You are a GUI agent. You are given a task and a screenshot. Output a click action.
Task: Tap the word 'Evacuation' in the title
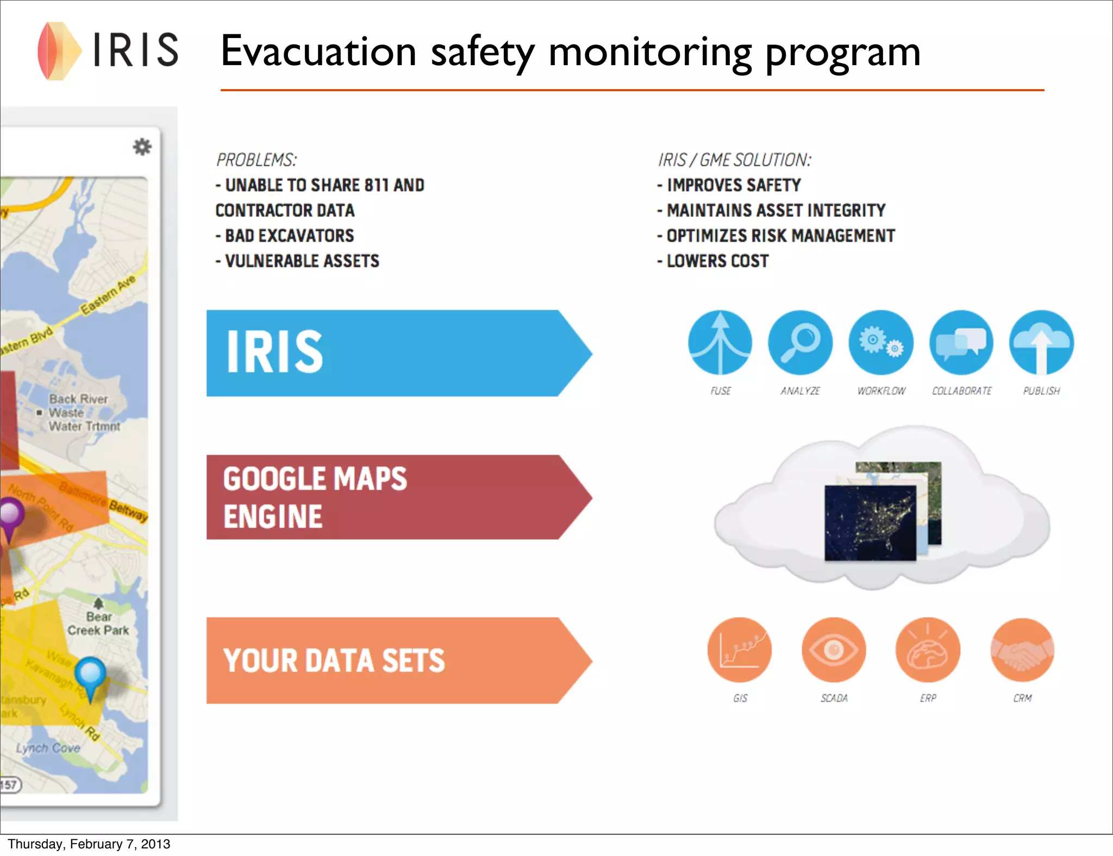coord(318,52)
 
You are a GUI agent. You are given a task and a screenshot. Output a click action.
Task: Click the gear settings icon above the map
coord(142,147)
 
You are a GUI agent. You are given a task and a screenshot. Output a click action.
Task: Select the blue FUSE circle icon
coord(720,342)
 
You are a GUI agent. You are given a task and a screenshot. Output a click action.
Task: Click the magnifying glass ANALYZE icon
coord(800,342)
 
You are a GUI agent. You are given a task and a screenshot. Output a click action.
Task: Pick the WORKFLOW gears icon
coord(881,342)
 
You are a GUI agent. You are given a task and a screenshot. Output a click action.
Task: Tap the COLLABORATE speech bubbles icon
coord(961,342)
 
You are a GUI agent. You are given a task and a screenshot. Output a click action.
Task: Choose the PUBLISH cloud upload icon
coord(1041,342)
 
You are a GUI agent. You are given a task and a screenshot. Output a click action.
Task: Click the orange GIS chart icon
coord(739,650)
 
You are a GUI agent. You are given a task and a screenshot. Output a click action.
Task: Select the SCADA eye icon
coord(834,650)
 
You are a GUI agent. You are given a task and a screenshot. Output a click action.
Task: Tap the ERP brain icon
coord(928,650)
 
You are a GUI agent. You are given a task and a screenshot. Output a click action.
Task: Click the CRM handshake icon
coord(1022,650)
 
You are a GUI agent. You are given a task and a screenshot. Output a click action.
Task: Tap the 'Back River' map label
coord(78,399)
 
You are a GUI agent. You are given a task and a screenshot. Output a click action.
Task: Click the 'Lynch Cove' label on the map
coord(48,748)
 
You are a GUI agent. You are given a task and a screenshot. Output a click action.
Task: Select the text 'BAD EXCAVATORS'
coord(289,236)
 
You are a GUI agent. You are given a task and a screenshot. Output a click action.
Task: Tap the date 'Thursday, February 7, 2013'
coord(89,844)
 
